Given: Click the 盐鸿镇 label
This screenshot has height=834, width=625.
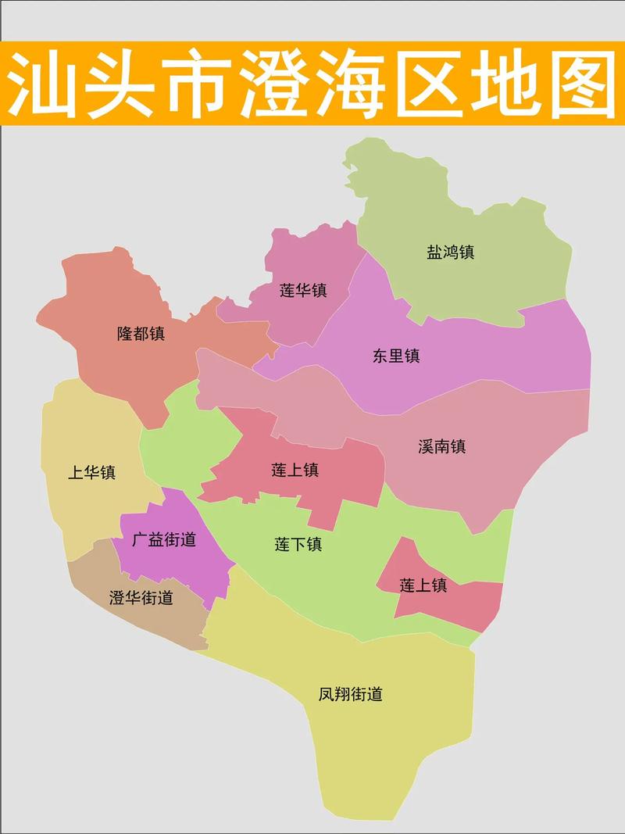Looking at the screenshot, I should tap(450, 252).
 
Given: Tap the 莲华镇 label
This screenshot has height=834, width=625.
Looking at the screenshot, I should tap(303, 291).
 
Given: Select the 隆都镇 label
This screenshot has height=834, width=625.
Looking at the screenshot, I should tap(141, 334).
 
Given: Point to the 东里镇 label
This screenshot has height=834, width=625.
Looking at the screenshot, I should tap(396, 356).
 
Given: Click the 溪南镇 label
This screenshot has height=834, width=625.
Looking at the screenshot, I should tap(441, 447).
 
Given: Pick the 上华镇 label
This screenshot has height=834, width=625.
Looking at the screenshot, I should tap(91, 472).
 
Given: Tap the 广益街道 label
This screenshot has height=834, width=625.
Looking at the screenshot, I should tap(163, 539).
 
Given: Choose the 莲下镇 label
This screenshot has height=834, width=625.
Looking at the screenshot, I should tap(298, 545).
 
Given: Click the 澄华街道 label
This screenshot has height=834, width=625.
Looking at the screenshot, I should tap(141, 599).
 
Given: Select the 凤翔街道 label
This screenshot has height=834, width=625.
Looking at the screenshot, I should tap(351, 693).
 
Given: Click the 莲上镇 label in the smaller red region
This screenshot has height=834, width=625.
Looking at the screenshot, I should tap(423, 585).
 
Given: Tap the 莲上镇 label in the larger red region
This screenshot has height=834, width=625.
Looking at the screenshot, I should tap(295, 471).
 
